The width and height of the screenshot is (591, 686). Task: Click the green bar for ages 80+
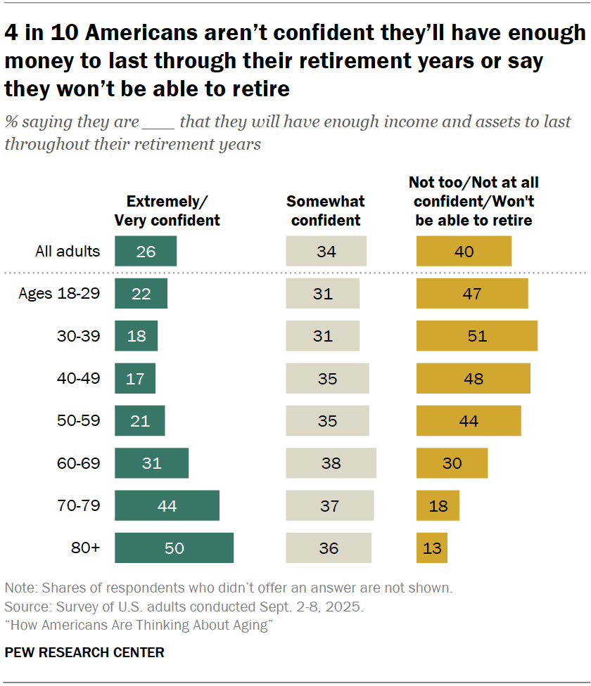point(174,548)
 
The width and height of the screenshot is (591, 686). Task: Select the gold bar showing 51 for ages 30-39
point(477,336)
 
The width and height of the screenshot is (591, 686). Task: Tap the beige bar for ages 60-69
point(331,463)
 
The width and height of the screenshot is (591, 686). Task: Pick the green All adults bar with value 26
point(146,251)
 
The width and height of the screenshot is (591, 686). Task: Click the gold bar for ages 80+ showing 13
point(432,548)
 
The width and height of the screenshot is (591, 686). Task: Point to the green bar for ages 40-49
point(135,378)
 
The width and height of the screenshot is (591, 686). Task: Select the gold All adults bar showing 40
point(464,251)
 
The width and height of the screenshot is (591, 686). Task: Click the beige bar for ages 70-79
point(329,505)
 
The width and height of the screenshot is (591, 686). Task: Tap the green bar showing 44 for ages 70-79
point(167,505)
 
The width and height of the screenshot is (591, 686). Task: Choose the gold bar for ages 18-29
point(472,294)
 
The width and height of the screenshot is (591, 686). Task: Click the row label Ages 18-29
point(59,294)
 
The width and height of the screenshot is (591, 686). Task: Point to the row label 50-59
point(79,420)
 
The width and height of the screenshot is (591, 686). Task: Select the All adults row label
point(68,251)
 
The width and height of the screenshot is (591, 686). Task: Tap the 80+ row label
point(85,548)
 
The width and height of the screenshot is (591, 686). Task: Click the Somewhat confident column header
point(326,210)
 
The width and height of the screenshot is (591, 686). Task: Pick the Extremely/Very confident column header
point(167,210)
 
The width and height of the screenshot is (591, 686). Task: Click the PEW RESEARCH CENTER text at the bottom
point(84,652)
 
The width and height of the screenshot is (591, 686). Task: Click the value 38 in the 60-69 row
point(331,463)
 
